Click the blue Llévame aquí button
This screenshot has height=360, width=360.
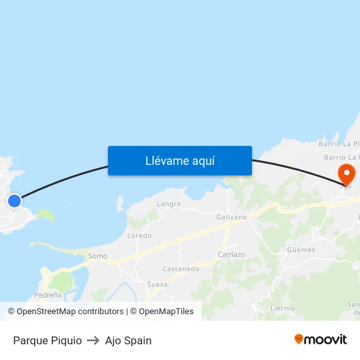179,160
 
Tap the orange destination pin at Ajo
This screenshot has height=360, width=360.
346,174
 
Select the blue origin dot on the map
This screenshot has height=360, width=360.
14,200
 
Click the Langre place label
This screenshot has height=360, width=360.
169,204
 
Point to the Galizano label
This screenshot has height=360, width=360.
232,217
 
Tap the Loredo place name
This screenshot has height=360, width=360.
139,235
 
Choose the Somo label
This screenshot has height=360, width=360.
98,257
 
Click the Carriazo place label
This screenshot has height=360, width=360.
231,255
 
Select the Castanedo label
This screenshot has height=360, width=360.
181,268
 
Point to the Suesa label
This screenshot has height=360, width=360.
157,284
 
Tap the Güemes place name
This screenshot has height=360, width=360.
300,249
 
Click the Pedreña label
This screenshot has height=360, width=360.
48,295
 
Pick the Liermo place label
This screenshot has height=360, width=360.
282,308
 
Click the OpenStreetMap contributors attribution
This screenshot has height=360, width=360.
70,312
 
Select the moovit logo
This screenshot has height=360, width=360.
320,339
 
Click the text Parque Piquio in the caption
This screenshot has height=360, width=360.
47,340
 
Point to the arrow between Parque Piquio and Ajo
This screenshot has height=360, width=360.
93,340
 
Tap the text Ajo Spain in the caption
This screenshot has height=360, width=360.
128,340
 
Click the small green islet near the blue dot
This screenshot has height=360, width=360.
45,215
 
